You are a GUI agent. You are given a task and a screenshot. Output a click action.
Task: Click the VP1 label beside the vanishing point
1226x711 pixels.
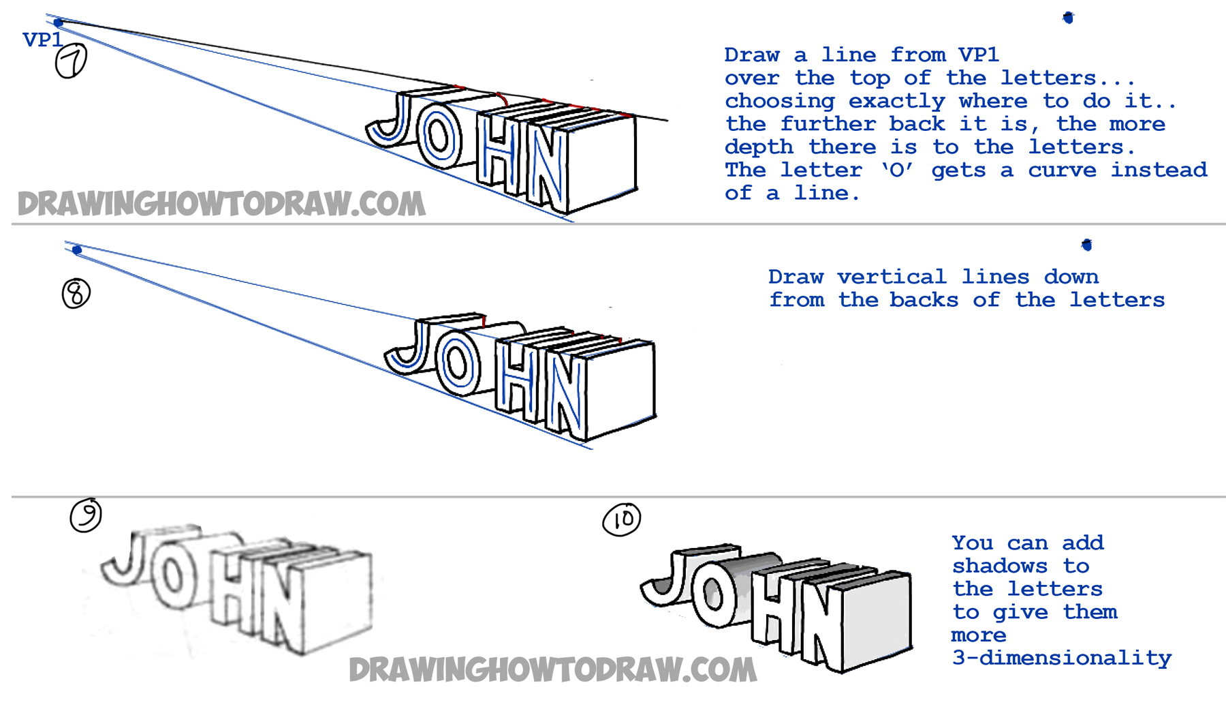42,40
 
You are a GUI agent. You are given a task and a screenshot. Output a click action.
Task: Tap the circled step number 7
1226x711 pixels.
71,61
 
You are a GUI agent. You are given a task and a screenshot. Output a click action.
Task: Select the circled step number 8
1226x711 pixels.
76,294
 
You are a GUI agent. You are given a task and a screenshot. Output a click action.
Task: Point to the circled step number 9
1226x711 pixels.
86,515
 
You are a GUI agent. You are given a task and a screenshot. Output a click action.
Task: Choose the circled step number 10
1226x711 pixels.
622,520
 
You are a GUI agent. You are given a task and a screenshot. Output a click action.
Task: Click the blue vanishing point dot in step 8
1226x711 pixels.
77,250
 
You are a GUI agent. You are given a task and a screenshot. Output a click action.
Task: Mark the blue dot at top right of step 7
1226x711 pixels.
1068,18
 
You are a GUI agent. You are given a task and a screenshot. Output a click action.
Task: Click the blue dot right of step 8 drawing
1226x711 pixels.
1087,245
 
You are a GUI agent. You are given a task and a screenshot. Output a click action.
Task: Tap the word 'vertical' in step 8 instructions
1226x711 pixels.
892,277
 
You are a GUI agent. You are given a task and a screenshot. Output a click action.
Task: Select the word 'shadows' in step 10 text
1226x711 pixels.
999,566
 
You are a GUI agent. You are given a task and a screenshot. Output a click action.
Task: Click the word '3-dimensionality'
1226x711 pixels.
1061,658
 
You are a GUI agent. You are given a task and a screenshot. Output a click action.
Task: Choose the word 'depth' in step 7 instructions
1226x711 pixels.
758,147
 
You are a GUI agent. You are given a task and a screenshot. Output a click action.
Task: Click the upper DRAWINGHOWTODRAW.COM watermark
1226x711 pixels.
221,204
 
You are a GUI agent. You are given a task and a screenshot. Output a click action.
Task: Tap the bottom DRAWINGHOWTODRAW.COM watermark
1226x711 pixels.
552,670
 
